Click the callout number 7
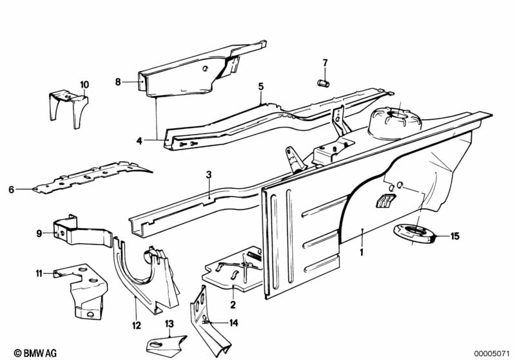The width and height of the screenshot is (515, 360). coord(325,62)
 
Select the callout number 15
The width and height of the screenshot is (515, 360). coord(455,236)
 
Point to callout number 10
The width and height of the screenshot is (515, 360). coord(84,84)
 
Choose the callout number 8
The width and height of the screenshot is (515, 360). coord(118,82)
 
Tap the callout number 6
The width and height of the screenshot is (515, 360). coord(12,189)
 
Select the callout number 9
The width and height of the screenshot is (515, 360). coord(39,234)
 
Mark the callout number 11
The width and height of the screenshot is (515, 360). coord(39,273)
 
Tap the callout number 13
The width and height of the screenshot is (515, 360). coord(169,324)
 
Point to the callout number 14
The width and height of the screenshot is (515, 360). coord(233,323)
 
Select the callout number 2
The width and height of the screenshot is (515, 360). coord(233,305)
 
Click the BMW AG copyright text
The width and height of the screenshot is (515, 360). coord(35,353)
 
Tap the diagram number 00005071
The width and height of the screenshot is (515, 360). coord(491,354)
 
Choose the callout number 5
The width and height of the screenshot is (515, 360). coord(261,87)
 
